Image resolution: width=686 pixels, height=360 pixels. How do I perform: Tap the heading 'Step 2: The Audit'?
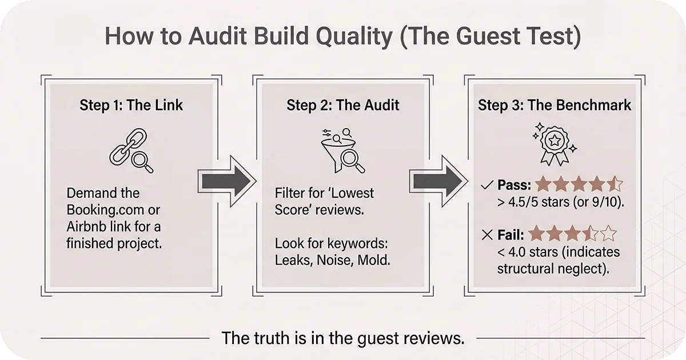(x=342, y=105)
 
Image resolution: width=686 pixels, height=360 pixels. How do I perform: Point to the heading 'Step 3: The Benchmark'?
(x=555, y=105)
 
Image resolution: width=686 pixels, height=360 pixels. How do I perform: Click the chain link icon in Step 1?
(x=129, y=150)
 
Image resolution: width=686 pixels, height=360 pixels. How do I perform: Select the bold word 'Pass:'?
(x=514, y=185)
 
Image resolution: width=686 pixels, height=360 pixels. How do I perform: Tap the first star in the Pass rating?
(x=543, y=185)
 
